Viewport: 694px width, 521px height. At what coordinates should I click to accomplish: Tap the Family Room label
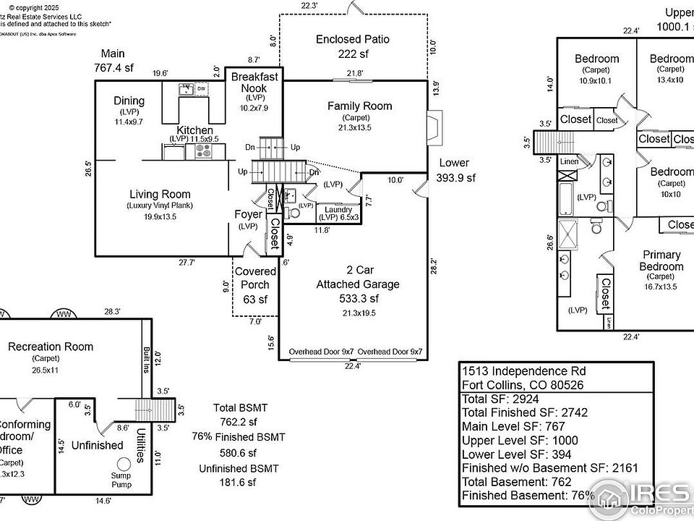coord(359,106)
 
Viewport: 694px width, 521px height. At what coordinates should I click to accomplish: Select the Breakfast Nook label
coord(254,82)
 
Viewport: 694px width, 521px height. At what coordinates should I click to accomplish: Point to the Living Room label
coord(160,194)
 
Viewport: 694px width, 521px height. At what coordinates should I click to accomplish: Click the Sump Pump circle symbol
coord(124,463)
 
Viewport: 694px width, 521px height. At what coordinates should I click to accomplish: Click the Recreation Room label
coord(51,347)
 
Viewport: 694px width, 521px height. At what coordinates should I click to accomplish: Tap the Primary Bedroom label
coord(661,260)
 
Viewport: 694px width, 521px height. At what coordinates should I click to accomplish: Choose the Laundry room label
coord(339,211)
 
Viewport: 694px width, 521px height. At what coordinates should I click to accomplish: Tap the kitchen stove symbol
coord(200,151)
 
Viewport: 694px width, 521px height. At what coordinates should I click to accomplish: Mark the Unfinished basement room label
coord(97,446)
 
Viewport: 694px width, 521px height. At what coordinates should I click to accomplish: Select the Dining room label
coord(129,101)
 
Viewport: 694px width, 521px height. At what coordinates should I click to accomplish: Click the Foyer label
coord(248,214)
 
